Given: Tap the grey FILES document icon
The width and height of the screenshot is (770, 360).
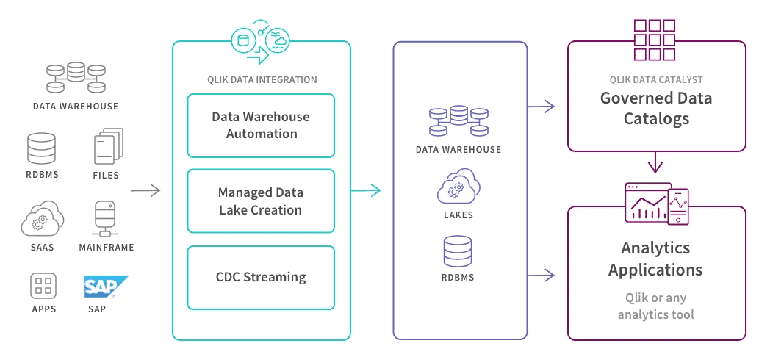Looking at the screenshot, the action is pos(108,146).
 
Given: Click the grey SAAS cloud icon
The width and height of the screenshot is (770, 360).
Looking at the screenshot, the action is pos(43,218).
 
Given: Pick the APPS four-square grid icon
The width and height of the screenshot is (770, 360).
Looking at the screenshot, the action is pos(43,287).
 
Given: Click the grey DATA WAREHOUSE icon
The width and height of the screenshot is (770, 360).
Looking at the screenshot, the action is pos(76,78).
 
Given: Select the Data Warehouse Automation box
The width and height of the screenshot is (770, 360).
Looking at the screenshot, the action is pos(261,126).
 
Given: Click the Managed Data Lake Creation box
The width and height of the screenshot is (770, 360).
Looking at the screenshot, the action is pos(261,201).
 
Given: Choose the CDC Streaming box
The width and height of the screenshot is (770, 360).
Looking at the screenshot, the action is pos(261,278).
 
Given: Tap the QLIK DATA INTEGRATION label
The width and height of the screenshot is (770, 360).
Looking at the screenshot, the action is pos(262,79).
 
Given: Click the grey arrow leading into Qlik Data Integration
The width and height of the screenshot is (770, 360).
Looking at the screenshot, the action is pos(146,190).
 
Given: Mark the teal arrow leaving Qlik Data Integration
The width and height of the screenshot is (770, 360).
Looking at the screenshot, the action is pos(366,190).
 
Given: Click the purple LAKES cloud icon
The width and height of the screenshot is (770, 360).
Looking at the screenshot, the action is pos(458,186).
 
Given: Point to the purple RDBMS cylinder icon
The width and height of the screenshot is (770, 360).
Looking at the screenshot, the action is pos(457,251).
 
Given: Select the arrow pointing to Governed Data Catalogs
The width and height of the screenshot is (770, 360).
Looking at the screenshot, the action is pos(541,106).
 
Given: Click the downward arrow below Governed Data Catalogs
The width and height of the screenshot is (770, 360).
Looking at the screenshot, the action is pos(655,162).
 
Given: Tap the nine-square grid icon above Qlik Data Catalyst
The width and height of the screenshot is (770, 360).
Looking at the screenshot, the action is pos(654,40).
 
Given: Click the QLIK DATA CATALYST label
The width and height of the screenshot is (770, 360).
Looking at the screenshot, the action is pos(656,79).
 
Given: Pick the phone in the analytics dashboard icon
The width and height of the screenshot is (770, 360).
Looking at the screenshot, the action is pos(678,206).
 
